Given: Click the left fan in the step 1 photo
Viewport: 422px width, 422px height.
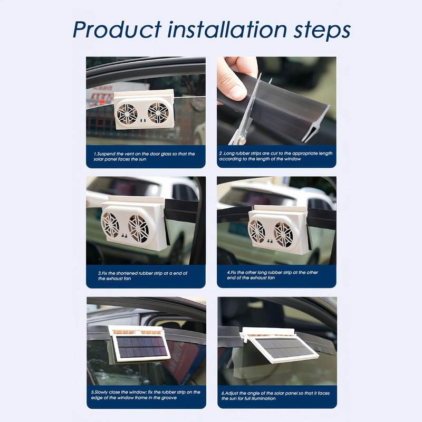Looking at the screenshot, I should [x=127, y=113].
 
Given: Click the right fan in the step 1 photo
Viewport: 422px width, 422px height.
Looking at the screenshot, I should [x=158, y=112].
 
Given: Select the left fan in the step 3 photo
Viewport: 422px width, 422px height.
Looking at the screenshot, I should [x=110, y=225].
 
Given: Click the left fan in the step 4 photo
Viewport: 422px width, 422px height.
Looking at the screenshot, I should [x=257, y=231].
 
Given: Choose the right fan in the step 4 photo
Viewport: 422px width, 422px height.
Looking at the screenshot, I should [x=283, y=234].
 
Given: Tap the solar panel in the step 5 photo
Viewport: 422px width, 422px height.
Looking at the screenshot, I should [x=141, y=347].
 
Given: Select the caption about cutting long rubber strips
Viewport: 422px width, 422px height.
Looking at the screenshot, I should [x=276, y=156].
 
